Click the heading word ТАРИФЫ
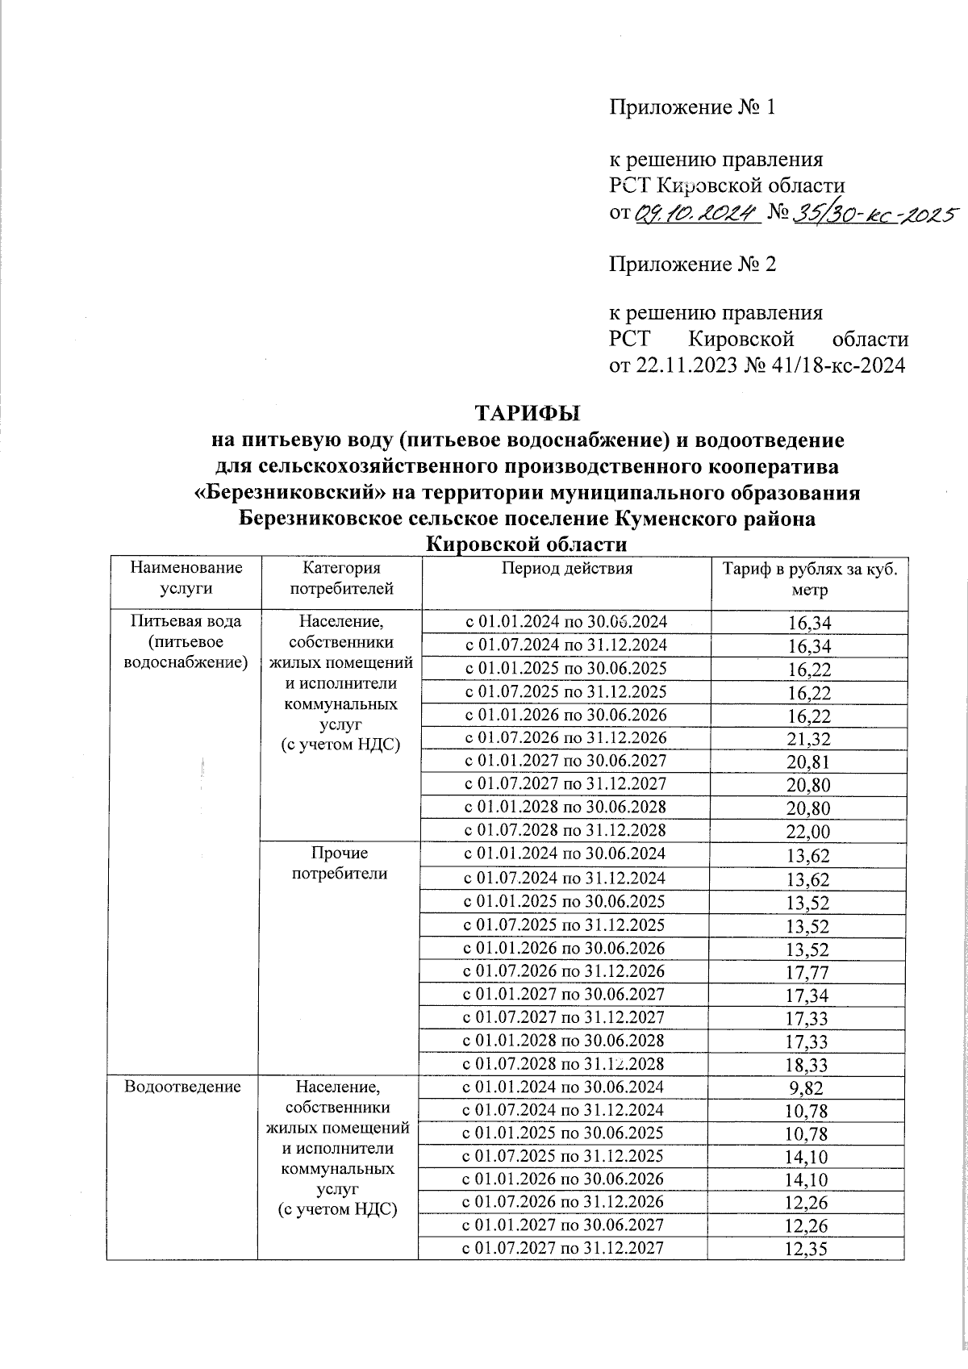(x=528, y=415)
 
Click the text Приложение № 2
(x=691, y=264)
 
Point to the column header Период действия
(x=566, y=568)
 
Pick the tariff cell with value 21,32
(x=809, y=739)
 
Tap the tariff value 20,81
(x=809, y=762)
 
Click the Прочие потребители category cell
(x=339, y=862)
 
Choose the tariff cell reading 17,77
(x=809, y=973)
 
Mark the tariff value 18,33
(x=809, y=1065)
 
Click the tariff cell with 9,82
(x=809, y=1088)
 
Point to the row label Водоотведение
(x=182, y=1087)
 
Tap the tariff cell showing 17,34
(x=809, y=995)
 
